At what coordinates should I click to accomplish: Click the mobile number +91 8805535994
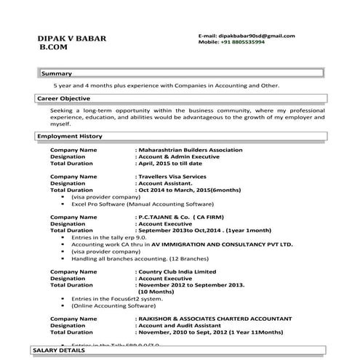tap(244, 42)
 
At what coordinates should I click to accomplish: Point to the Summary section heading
tap(56, 74)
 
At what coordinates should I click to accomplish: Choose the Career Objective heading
tap(65, 98)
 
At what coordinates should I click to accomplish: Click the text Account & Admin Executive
tap(179, 157)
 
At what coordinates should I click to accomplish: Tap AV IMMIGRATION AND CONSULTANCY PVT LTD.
tap(211, 244)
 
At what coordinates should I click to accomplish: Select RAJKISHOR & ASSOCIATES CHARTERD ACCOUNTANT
tap(217, 319)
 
